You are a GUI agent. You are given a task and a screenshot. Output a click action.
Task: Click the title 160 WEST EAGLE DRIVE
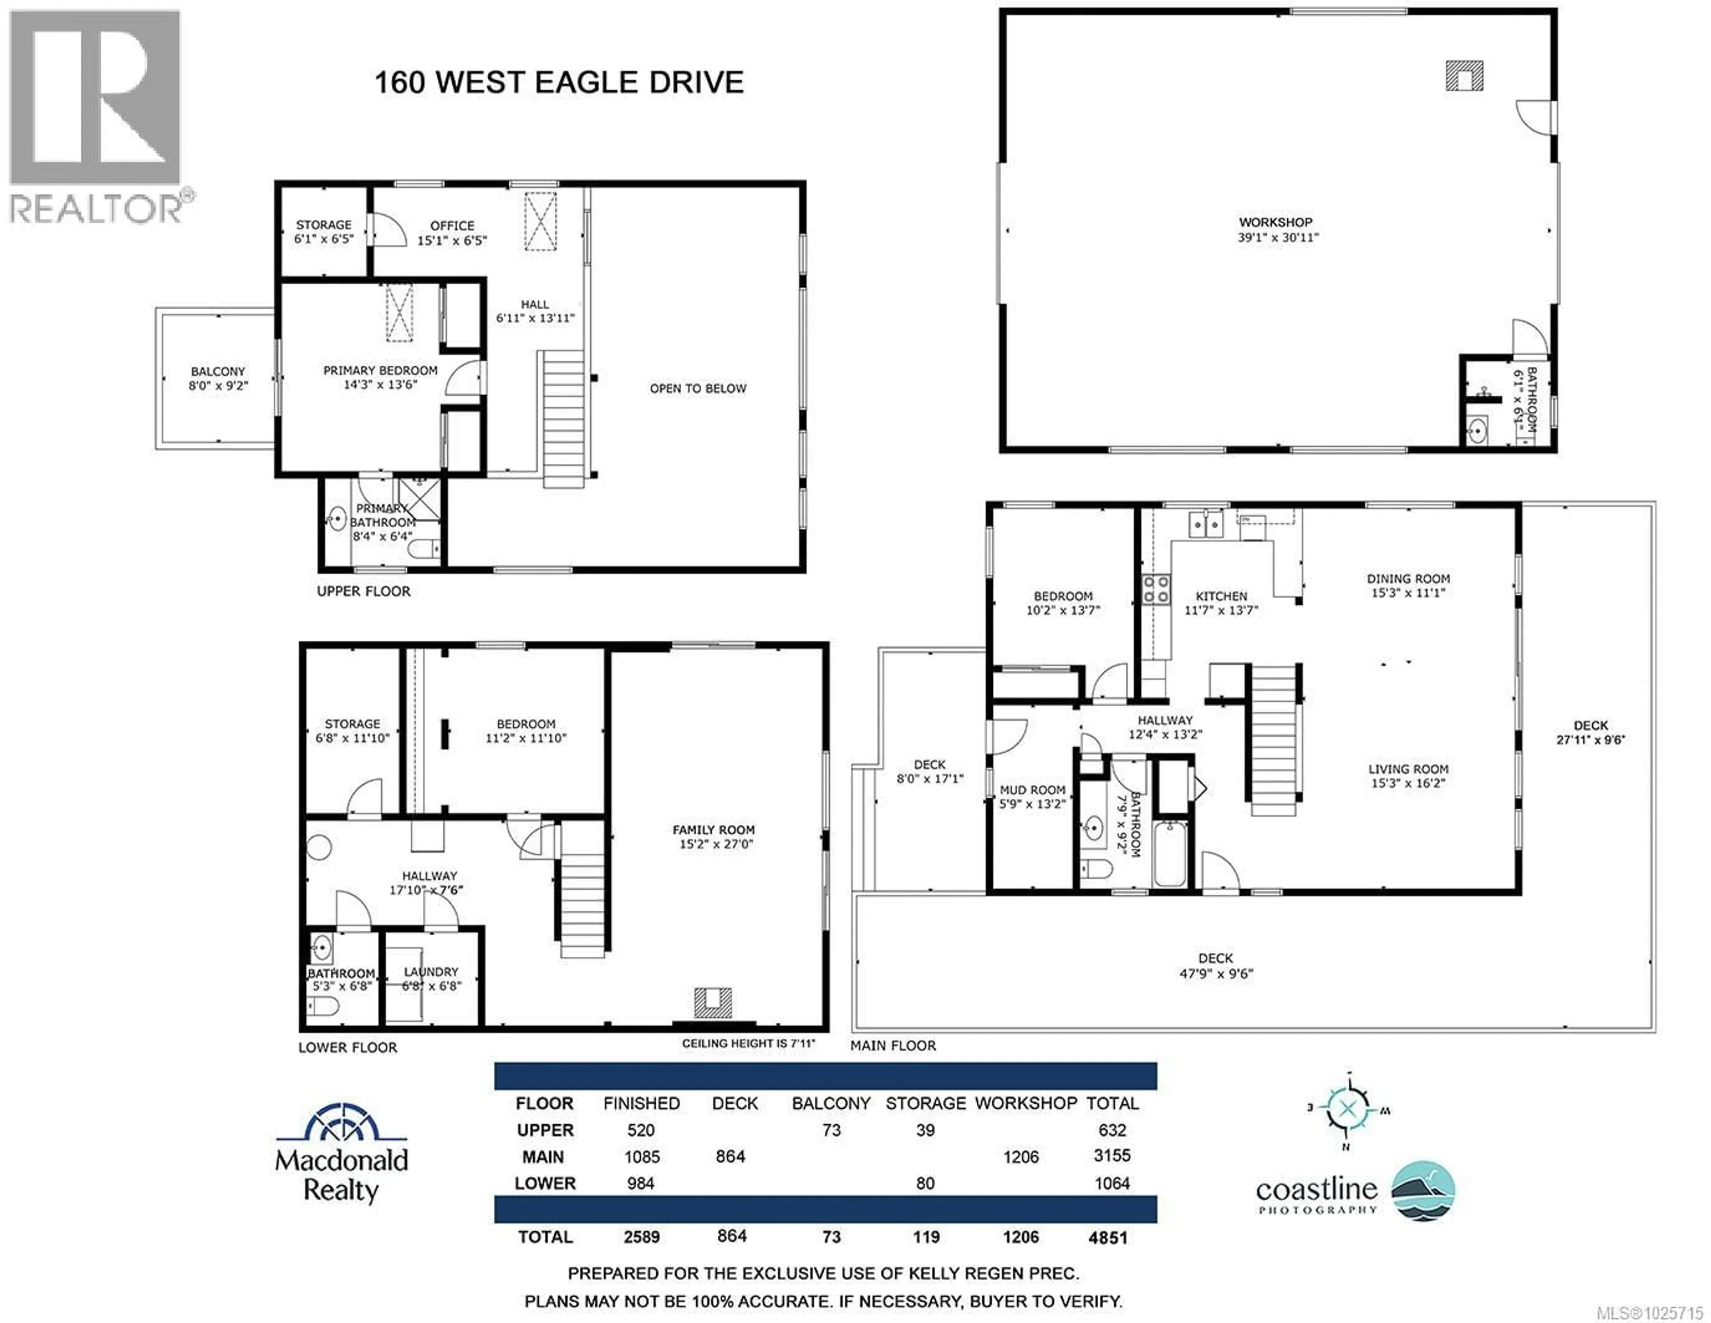click(x=559, y=82)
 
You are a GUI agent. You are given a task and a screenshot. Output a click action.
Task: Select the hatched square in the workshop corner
click(x=1463, y=77)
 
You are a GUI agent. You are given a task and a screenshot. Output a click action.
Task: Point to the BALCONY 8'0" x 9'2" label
click(x=218, y=377)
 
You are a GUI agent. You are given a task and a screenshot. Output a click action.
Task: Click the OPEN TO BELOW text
click(x=697, y=389)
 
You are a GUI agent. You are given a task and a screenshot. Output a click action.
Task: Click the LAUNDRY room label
click(x=431, y=979)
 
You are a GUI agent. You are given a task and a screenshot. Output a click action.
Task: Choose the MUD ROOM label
click(x=1032, y=797)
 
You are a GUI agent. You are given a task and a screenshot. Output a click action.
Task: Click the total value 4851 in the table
click(x=1108, y=1237)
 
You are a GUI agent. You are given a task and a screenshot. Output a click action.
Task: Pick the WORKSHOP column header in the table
click(x=1026, y=1103)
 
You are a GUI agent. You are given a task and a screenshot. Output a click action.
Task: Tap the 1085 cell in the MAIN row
click(x=642, y=1156)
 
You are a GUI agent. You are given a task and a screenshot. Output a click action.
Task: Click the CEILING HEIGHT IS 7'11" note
click(x=748, y=1043)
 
